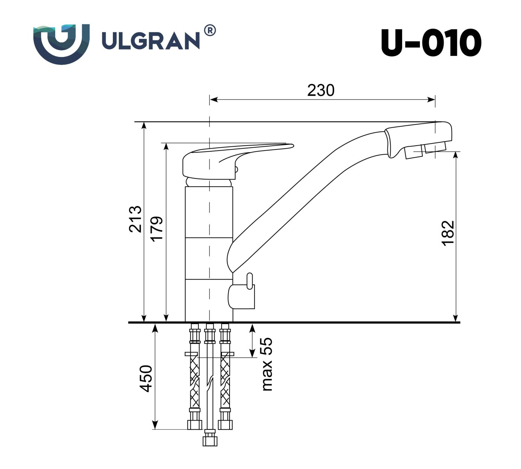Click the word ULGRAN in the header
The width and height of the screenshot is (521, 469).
point(150,41)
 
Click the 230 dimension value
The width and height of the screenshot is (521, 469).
point(321,90)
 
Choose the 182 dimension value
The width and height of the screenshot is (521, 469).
point(448,233)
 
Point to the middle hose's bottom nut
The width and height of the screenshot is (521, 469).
point(210,439)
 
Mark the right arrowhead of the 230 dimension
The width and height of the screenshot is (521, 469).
point(432,100)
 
